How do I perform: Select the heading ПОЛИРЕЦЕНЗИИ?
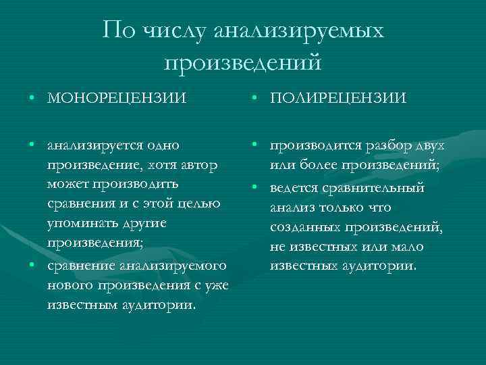pos(338,99)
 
